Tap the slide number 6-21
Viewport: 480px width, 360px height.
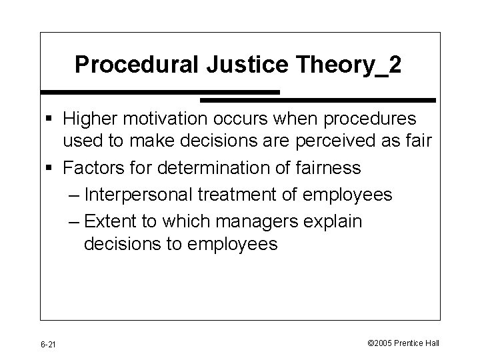pos(48,343)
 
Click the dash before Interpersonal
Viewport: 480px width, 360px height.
pos(75,195)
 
